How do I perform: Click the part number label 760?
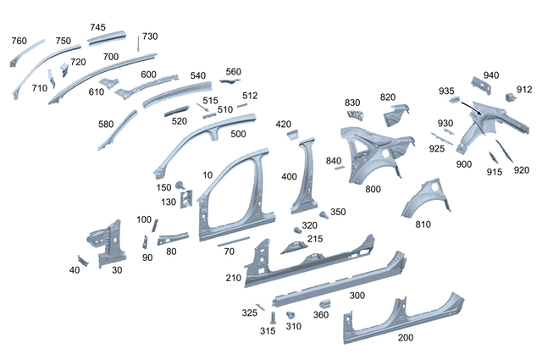(19, 41)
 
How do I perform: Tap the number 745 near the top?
(98, 27)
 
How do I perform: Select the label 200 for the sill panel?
(406, 337)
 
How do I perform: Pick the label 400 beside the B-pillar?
(289, 177)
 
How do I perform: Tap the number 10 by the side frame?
(207, 175)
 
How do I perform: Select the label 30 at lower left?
(117, 269)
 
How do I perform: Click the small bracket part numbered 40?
(82, 259)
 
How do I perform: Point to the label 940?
(491, 75)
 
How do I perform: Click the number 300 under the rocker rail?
(357, 296)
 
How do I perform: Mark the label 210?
(234, 278)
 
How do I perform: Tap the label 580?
(106, 124)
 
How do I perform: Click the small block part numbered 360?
(322, 304)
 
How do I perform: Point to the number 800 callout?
(373, 190)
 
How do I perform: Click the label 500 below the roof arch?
(238, 134)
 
